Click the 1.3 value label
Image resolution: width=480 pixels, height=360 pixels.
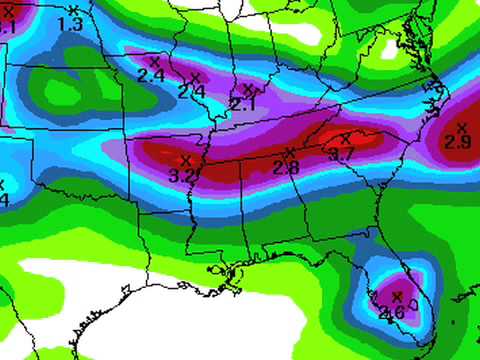[x=71, y=23]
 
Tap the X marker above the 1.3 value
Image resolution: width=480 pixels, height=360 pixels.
[x=73, y=10]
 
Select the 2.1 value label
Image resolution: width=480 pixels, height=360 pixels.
[x=243, y=103]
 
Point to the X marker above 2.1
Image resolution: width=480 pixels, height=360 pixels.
[x=248, y=89]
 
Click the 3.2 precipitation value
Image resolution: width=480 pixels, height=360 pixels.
[x=182, y=174]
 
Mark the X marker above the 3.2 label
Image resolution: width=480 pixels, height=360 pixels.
[x=186, y=159]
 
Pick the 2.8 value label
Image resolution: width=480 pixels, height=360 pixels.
[x=286, y=167]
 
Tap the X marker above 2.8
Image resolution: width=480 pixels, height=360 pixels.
[x=290, y=153]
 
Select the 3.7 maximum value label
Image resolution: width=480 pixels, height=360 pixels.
[x=342, y=154]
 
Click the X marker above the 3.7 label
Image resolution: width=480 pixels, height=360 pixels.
[x=346, y=139]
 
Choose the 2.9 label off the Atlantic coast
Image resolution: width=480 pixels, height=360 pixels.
[x=458, y=142]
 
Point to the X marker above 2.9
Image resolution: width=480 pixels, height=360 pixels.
[x=461, y=127]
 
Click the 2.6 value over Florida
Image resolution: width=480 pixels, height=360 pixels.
[x=393, y=312]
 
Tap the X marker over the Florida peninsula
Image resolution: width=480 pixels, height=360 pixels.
[x=397, y=297]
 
